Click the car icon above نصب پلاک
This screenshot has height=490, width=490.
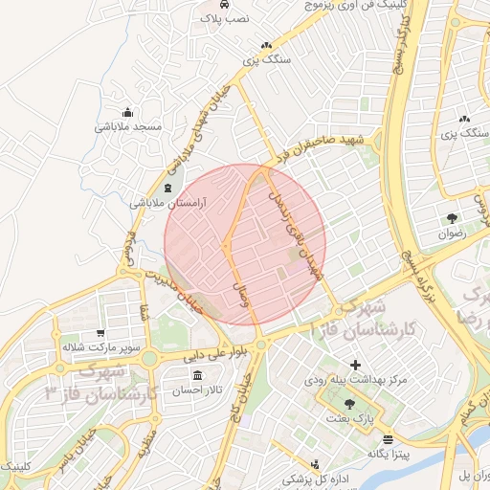point(208,4)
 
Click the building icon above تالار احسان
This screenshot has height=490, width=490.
point(197,375)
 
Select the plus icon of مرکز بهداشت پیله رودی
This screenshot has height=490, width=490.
point(356,365)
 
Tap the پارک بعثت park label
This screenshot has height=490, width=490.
point(348,418)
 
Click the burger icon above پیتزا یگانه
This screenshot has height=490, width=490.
point(388,440)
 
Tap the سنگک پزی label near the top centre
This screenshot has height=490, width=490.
point(264,59)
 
